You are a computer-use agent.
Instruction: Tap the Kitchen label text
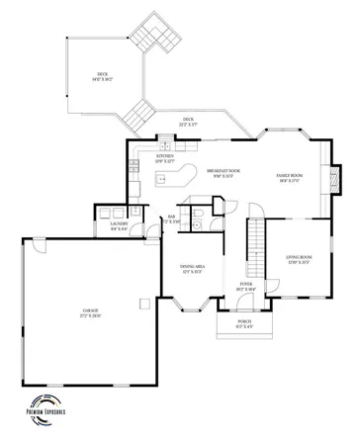[165, 157]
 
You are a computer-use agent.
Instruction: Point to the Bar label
[172, 219]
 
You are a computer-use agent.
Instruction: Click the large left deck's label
[102, 75]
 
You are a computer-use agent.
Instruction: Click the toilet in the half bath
[196, 224]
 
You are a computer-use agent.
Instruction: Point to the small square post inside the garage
[145, 299]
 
